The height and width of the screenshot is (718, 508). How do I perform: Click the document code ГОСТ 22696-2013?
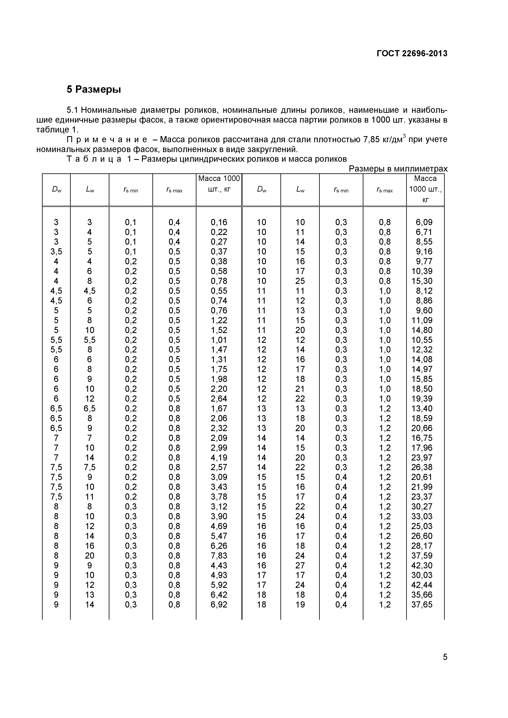click(412, 53)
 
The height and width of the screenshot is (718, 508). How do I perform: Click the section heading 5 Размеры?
click(94, 89)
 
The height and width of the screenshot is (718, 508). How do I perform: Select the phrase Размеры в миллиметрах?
click(398, 169)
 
